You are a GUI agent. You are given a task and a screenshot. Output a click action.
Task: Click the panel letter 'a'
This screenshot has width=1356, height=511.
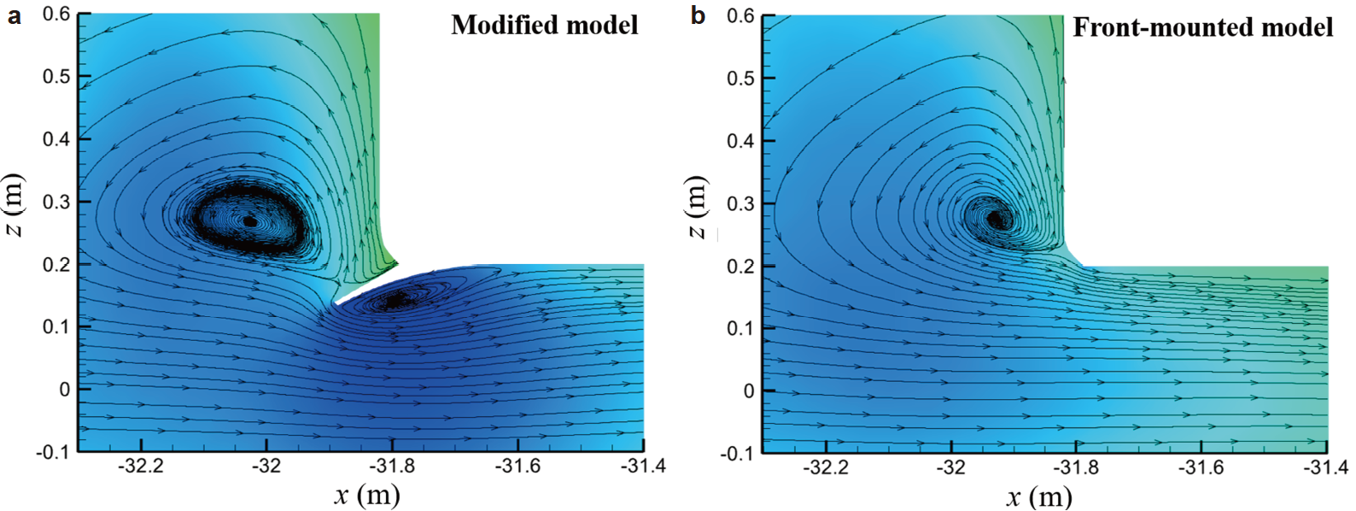click(x=15, y=15)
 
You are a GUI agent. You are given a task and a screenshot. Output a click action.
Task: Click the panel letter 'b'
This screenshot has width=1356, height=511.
click(x=698, y=15)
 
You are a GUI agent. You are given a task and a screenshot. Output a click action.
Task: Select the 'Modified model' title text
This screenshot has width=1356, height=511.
click(x=544, y=25)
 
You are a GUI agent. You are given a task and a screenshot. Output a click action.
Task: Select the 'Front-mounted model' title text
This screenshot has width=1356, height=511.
click(x=1202, y=27)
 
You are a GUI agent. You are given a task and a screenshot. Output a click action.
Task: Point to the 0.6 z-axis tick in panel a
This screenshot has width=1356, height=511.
click(x=56, y=14)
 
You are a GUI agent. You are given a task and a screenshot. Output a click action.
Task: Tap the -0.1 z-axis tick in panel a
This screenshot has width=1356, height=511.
click(x=52, y=451)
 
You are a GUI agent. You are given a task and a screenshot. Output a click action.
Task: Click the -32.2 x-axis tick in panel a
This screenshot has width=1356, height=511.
click(x=141, y=467)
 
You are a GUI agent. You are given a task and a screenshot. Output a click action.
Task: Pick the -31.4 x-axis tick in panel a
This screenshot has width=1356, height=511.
click(x=642, y=467)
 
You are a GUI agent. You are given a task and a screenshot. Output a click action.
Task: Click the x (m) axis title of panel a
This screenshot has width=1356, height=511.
click(x=367, y=495)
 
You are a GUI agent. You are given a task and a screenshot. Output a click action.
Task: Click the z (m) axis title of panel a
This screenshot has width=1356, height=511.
click(x=15, y=205)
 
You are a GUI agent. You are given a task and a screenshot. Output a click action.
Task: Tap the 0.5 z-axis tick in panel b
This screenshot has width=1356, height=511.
click(x=739, y=78)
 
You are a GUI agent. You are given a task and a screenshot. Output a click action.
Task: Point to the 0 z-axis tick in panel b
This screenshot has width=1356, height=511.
click(x=749, y=391)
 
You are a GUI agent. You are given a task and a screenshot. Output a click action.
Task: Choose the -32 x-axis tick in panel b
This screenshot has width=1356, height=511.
click(x=950, y=468)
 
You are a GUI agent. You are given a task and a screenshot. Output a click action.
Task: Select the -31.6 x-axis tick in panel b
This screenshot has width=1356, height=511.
click(x=1201, y=468)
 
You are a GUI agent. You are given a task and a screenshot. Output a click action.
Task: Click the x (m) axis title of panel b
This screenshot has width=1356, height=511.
click(x=1038, y=496)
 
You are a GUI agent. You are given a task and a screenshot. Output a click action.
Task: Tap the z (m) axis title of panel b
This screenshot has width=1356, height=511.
click(x=698, y=207)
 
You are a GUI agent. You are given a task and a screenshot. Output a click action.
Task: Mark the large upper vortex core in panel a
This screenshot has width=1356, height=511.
click(x=249, y=221)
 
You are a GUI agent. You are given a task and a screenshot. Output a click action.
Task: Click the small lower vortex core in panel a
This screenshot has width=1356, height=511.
click(x=395, y=300)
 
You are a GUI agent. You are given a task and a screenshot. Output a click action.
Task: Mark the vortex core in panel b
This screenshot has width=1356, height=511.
click(x=994, y=219)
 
